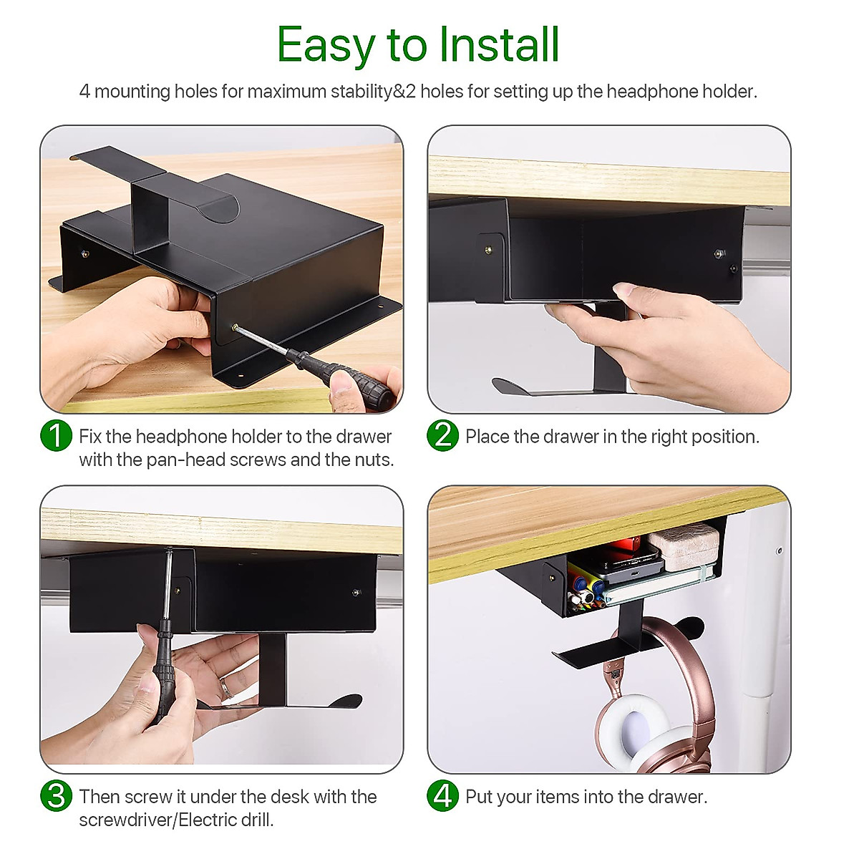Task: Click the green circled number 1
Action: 56,436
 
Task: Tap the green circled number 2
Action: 442,436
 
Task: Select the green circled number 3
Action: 56,796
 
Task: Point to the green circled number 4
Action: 442,796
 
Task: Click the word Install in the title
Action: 499,45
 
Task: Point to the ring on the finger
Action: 225,689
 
